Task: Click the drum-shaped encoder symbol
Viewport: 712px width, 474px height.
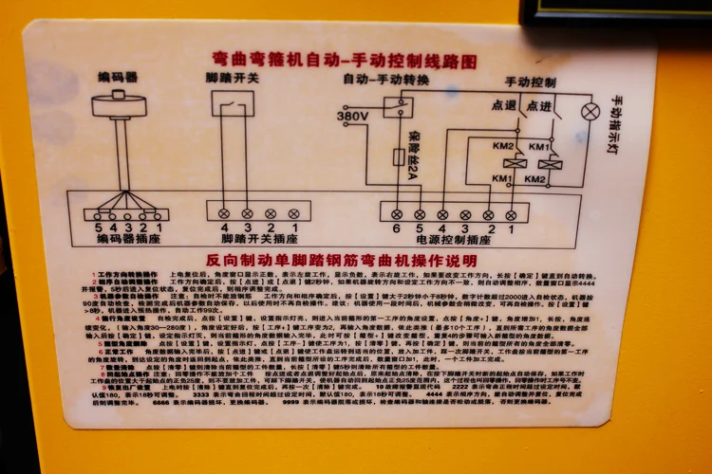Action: [120, 104]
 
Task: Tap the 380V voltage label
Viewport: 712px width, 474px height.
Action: [353, 117]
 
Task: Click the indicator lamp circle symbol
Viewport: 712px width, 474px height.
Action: [590, 112]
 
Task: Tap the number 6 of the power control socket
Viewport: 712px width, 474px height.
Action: [397, 228]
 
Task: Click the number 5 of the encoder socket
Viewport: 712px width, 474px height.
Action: [98, 228]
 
